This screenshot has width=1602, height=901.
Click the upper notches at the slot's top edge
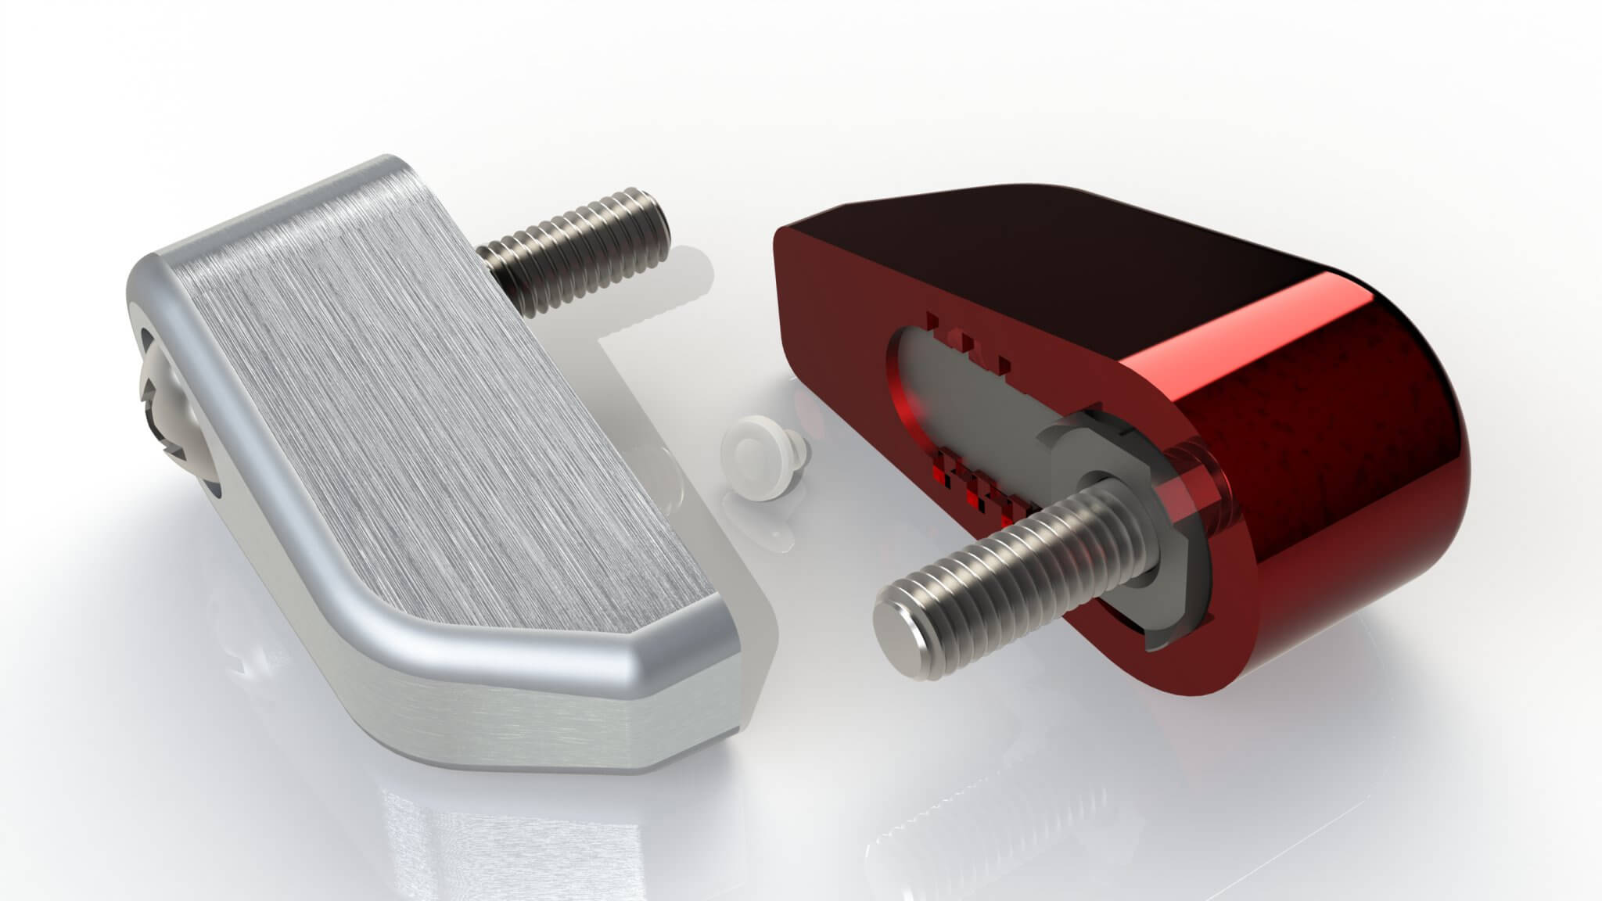coord(966,344)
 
